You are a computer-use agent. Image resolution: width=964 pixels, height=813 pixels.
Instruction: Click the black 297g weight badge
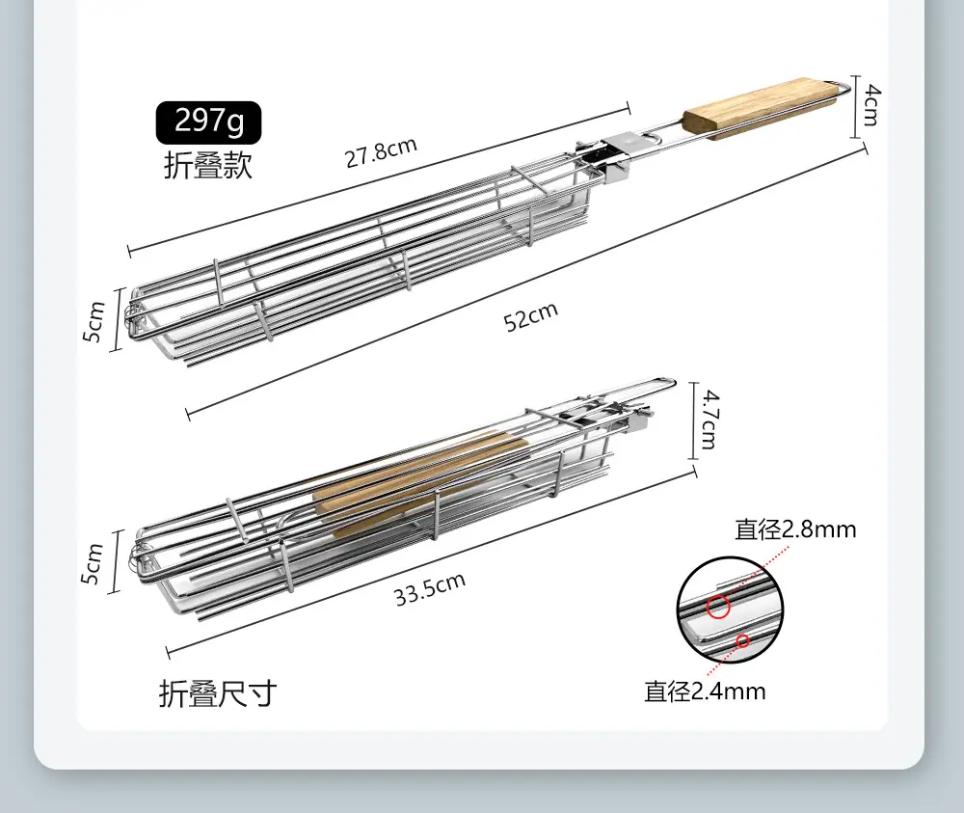pyautogui.click(x=208, y=122)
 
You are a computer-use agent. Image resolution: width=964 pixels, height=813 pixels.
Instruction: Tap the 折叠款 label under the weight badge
pyautogui.click(x=208, y=165)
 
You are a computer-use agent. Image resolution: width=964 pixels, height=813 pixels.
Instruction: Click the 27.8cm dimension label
pyautogui.click(x=381, y=152)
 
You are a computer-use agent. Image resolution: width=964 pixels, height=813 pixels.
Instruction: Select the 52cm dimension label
pyautogui.click(x=530, y=316)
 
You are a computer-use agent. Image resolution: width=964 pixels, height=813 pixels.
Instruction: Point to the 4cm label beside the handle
pyautogui.click(x=870, y=105)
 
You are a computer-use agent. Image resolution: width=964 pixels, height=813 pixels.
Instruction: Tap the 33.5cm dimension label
pyautogui.click(x=430, y=588)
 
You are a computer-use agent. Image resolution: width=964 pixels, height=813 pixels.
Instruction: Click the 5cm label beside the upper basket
pyautogui.click(x=94, y=321)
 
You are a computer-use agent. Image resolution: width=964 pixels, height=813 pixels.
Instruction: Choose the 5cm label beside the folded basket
pyautogui.click(x=92, y=563)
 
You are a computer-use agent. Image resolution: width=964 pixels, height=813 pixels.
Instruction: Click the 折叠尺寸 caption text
pyautogui.click(x=218, y=693)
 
